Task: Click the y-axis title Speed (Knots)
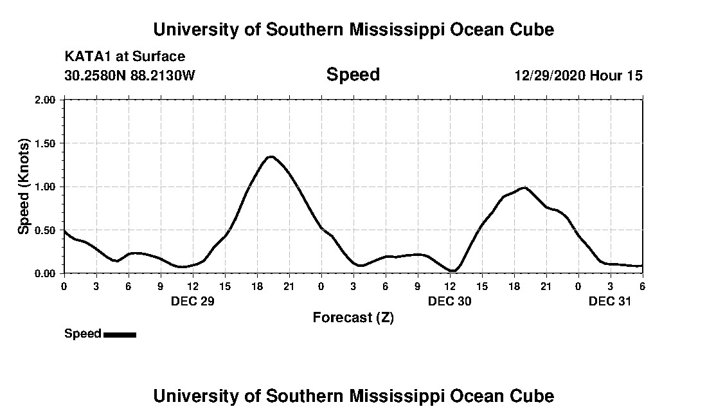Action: pyautogui.click(x=24, y=186)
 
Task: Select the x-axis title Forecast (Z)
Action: pyautogui.click(x=353, y=317)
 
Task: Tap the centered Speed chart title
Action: pyautogui.click(x=353, y=75)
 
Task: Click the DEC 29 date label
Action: pyautogui.click(x=193, y=301)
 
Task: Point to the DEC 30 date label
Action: pyautogui.click(x=450, y=301)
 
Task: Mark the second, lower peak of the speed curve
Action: pyautogui.click(x=525, y=187)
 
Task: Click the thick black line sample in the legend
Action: pyautogui.click(x=120, y=334)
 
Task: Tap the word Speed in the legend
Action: pyautogui.click(x=83, y=334)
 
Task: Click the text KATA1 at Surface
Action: pyautogui.click(x=125, y=57)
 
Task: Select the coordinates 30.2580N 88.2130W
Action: pyautogui.click(x=129, y=75)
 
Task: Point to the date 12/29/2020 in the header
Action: pyautogui.click(x=550, y=75)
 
